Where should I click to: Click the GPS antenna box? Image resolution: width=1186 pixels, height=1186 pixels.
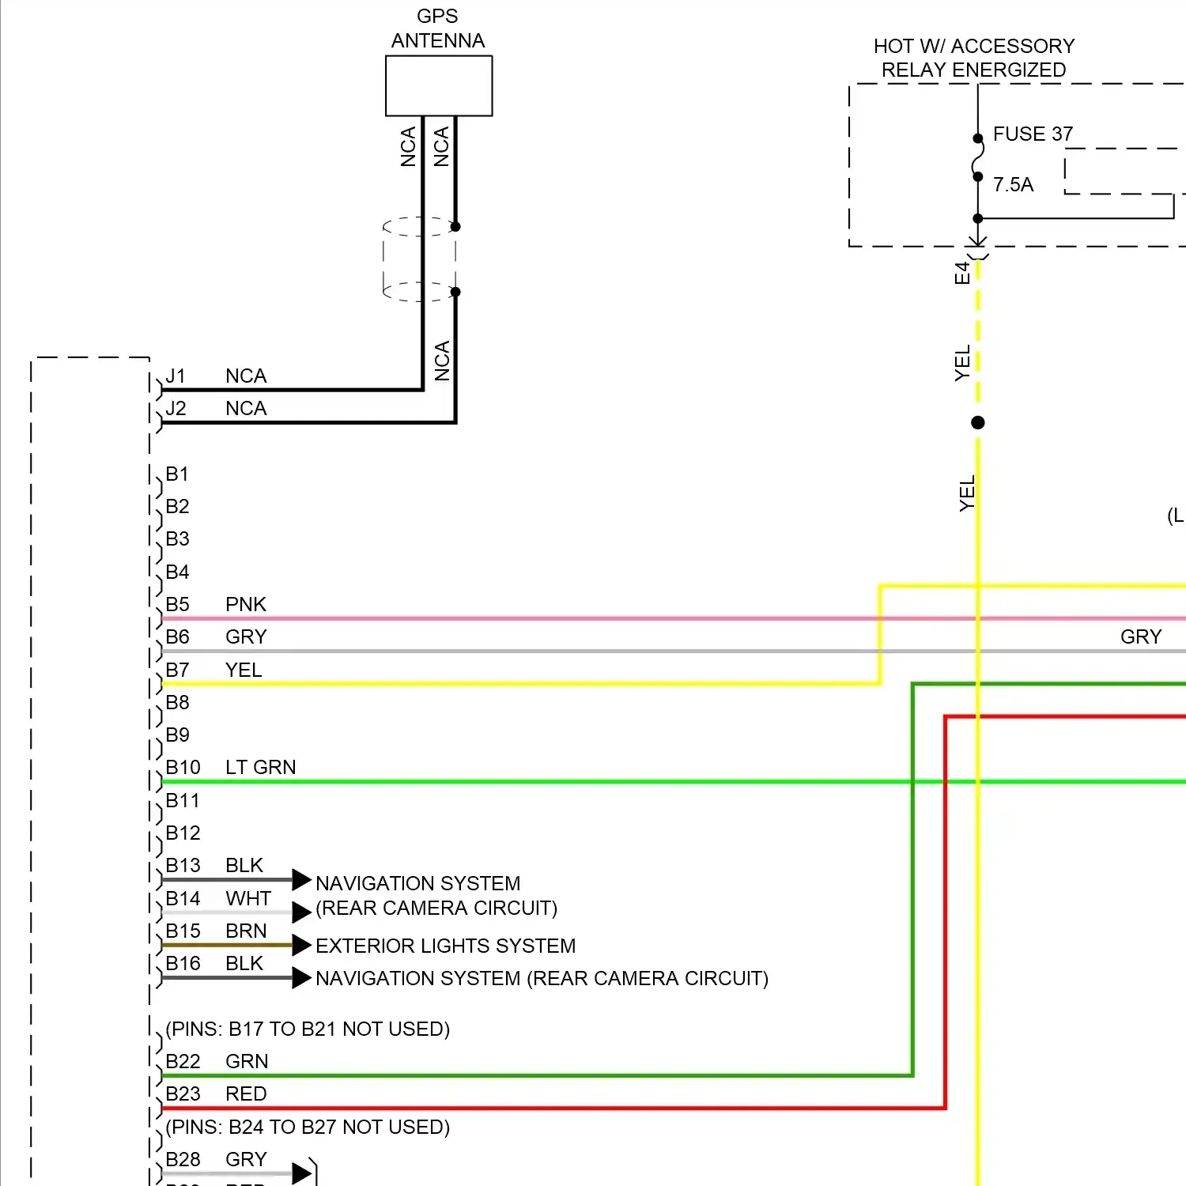coord(439,85)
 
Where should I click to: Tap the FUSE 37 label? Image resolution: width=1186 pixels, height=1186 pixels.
coord(1033,134)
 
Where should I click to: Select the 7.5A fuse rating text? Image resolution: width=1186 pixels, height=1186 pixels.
coord(1013,184)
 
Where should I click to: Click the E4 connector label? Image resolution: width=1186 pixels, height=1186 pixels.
coord(961,273)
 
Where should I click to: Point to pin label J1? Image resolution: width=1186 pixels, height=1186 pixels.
coord(176,376)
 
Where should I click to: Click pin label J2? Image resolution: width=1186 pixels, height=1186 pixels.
coord(176,408)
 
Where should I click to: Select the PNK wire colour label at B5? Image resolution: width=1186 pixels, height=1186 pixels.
coord(245,604)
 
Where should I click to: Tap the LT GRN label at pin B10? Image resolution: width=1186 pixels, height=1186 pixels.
coord(260,767)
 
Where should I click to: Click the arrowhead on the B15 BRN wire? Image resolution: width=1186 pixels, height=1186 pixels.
coord(301,945)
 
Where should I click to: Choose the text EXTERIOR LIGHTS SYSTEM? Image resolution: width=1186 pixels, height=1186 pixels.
coord(445,946)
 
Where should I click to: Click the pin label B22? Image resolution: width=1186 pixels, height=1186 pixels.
coord(183,1061)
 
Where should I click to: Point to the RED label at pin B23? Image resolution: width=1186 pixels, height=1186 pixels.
coord(246,1093)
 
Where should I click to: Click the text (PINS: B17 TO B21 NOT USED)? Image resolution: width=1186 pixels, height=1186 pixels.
coord(308,1029)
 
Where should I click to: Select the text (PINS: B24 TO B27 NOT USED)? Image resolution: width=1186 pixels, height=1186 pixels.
coord(308,1127)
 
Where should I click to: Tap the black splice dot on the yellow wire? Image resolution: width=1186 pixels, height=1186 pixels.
coord(978,422)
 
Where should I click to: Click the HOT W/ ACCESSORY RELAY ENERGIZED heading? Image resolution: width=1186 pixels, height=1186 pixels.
coord(973,58)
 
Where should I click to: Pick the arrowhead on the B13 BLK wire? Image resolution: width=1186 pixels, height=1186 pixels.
coord(301,879)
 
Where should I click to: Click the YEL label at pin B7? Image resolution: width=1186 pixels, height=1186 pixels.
coord(243,670)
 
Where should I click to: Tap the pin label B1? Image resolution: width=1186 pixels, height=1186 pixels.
coord(176,474)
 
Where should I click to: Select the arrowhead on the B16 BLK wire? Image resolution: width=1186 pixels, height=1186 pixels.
coord(301,978)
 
